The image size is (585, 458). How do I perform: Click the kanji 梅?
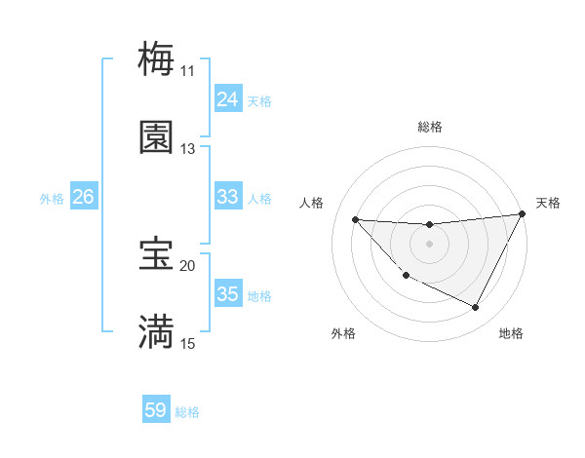[156, 58]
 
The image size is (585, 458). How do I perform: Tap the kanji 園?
[156, 137]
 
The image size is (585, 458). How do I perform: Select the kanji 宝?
[156, 254]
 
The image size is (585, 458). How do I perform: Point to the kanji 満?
[156, 332]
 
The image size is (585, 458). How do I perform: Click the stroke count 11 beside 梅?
[188, 70]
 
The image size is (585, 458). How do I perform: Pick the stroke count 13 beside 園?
[188, 149]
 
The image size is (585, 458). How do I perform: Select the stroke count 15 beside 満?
[188, 344]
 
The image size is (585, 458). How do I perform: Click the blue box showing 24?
[227, 99]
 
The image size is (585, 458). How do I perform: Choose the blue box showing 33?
[227, 197]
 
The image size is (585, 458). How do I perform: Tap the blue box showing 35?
[227, 294]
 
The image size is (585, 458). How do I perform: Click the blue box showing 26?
[84, 197]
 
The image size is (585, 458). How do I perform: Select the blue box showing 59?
[156, 410]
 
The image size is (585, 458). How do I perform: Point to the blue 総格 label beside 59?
[187, 412]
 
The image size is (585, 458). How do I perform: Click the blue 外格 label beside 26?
[52, 199]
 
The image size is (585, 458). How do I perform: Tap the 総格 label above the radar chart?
[430, 127]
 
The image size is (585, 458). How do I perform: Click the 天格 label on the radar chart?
[548, 203]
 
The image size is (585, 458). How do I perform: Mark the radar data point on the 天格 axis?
[522, 213]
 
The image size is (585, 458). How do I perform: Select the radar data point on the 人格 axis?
[356, 219]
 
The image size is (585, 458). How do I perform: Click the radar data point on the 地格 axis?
[476, 308]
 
